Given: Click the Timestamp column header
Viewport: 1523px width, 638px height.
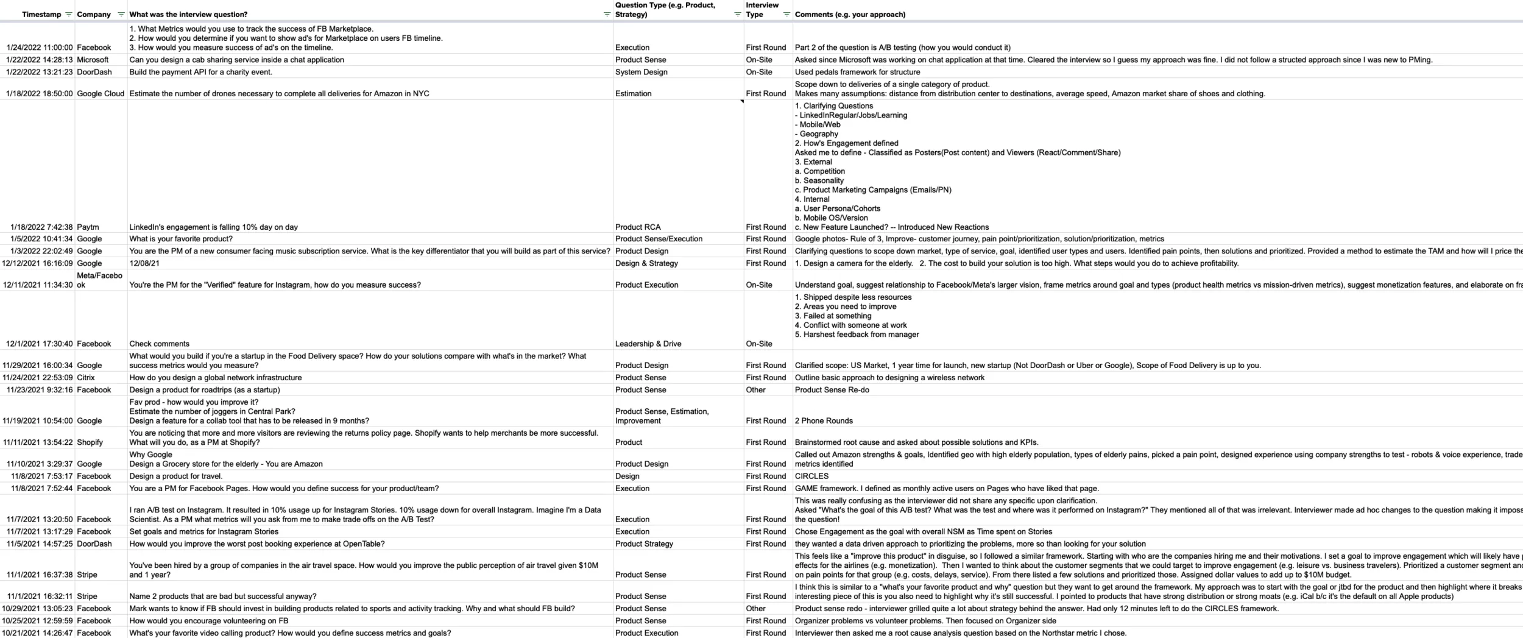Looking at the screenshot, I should (41, 15).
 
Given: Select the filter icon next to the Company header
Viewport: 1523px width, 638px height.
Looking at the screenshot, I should (121, 15).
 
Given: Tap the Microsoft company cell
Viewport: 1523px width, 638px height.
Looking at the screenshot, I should (93, 60).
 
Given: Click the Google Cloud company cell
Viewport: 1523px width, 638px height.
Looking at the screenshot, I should (101, 94).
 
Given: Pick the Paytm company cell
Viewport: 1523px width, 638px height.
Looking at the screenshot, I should (88, 227).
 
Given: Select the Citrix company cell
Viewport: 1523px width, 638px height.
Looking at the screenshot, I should (86, 378).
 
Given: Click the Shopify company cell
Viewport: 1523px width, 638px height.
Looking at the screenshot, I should (90, 442).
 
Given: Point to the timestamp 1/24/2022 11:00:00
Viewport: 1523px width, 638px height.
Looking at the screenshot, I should (40, 48).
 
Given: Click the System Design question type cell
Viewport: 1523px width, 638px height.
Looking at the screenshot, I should (641, 72).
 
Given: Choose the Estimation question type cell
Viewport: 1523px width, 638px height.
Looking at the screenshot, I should (633, 94).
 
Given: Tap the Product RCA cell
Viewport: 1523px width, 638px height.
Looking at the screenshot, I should (637, 227).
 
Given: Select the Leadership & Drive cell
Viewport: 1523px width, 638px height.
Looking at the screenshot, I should (648, 344).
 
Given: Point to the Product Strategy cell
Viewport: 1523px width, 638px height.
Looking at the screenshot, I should (644, 544).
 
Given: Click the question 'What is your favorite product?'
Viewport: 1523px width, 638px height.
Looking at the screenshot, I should (181, 239).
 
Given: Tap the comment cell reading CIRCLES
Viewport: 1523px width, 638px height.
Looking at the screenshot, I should (811, 477).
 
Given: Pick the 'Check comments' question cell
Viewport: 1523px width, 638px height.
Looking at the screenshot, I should (159, 344).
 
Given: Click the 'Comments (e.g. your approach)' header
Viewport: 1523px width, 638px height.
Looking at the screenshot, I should (850, 15).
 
